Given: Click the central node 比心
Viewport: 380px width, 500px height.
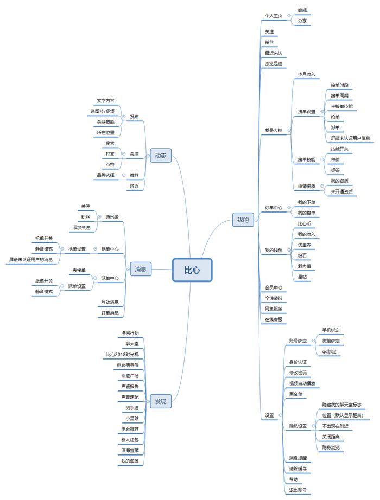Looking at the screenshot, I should [x=192, y=270].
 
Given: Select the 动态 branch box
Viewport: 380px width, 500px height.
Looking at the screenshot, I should [x=161, y=156].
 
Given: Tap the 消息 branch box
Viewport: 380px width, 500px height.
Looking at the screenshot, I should [x=141, y=268].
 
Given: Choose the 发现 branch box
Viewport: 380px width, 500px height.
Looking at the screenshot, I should [x=161, y=401].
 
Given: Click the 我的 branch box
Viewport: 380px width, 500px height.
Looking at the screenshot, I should [x=243, y=220].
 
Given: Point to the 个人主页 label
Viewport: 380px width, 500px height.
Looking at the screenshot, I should [x=274, y=16].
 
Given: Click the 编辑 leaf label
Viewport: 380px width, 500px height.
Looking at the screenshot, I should [x=303, y=10].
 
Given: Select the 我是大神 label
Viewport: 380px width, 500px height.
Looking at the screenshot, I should [x=273, y=130].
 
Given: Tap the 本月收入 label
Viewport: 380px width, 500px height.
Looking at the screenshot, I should [x=306, y=74].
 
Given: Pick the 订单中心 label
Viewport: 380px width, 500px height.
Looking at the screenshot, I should [x=274, y=207].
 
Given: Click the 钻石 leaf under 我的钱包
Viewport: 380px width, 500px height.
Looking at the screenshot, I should [x=302, y=254].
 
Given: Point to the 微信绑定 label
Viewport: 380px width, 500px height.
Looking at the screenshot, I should [x=331, y=341].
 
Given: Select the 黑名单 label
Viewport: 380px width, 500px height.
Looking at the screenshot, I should [x=296, y=394].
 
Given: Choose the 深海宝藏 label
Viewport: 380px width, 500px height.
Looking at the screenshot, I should [x=130, y=450].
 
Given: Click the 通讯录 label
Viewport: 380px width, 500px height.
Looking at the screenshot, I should [x=112, y=217].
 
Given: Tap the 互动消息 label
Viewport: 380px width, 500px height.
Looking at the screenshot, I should [x=110, y=302].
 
